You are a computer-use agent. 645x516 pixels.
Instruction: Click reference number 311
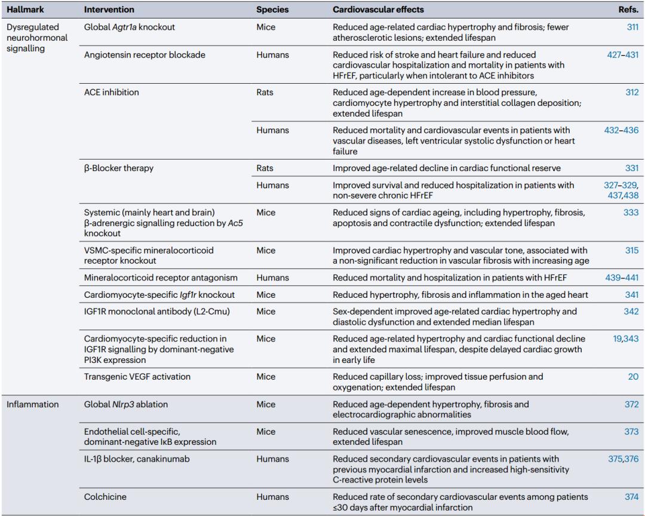(631, 27)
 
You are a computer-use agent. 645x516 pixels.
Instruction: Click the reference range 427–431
(622, 55)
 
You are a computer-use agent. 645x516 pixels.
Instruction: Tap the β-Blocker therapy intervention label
(119, 168)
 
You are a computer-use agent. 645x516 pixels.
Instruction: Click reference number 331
(631, 168)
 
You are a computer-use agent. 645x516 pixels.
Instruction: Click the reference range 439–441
(622, 277)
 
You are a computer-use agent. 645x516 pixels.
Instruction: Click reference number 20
(633, 377)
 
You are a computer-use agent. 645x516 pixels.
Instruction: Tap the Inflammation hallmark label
(32, 404)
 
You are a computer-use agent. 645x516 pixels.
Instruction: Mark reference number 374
(631, 497)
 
